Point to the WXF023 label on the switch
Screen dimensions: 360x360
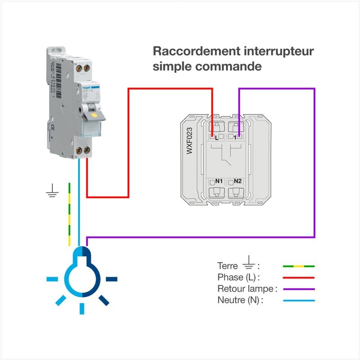[189, 141]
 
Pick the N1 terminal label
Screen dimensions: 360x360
[219, 181]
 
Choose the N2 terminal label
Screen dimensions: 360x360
[238, 181]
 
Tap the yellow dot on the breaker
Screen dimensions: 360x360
[94, 115]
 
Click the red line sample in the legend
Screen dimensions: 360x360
[299, 278]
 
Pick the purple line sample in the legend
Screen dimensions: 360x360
[299, 289]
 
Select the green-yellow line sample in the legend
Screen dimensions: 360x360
[299, 266]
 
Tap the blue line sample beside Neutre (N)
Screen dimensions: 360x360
[299, 300]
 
